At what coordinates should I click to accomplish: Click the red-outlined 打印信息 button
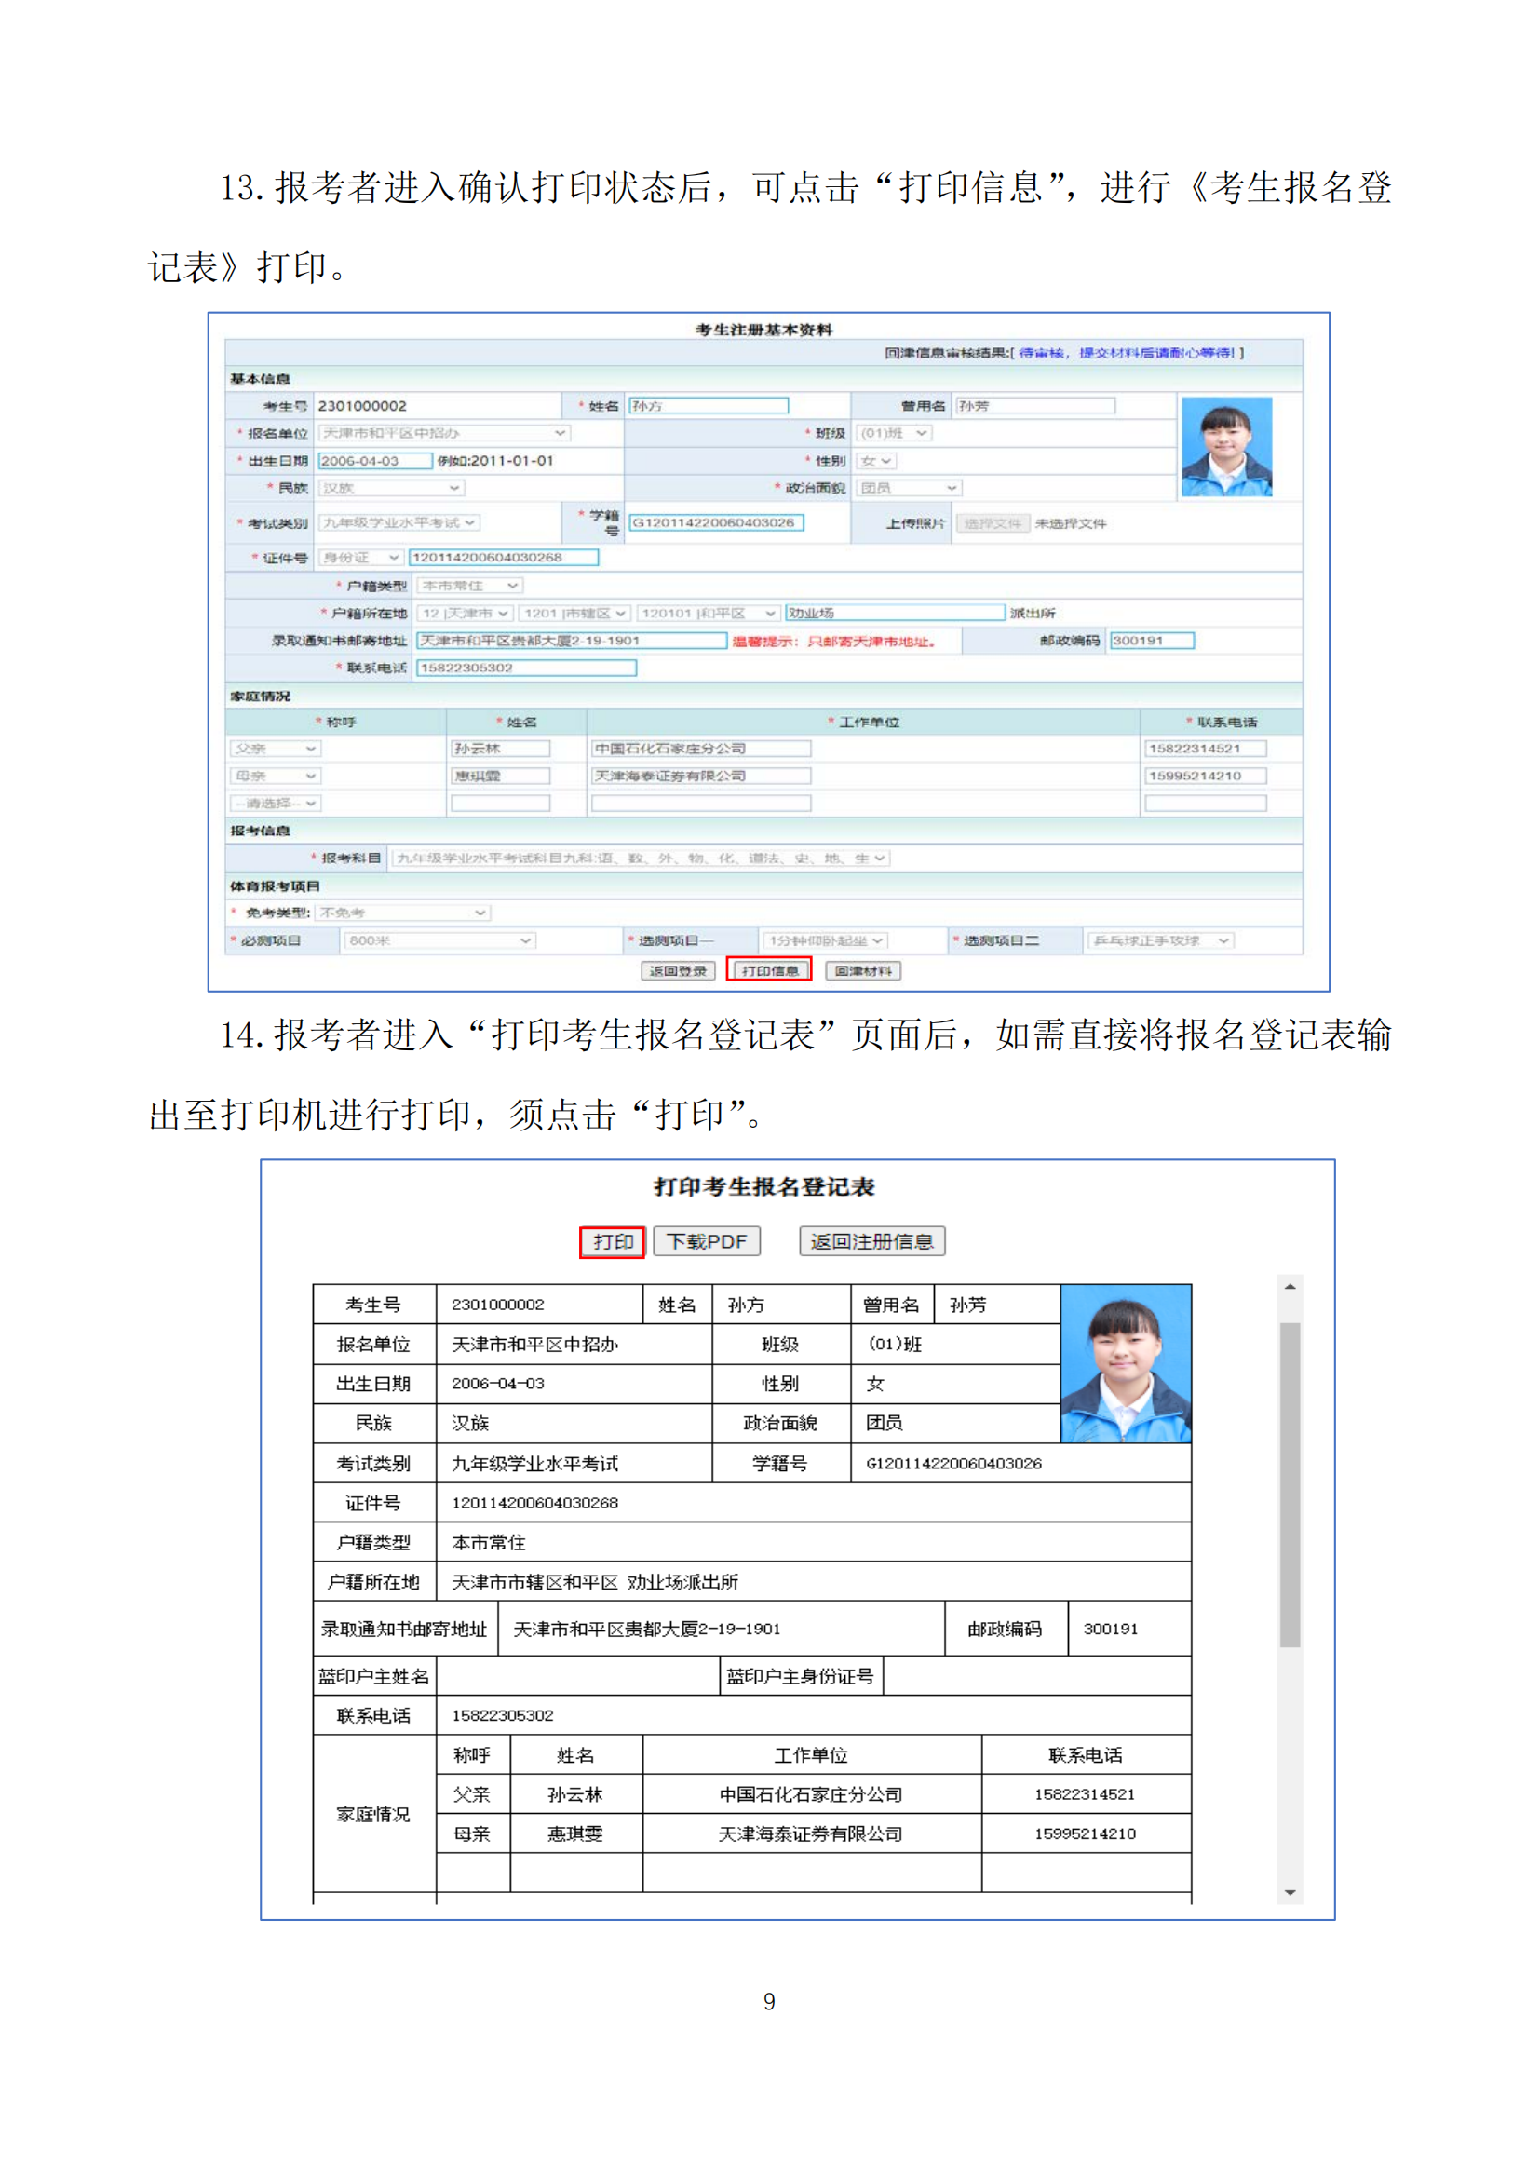tap(769, 969)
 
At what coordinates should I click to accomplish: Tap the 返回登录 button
tap(677, 970)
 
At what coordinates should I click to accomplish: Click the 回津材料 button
tap(863, 970)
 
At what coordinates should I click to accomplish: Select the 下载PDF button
tap(707, 1240)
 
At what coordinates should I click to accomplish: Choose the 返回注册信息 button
tap(871, 1240)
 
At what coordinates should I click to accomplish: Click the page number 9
tap(769, 2000)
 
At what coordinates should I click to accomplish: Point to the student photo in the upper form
tap(1226, 446)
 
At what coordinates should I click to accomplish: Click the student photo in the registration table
tap(1126, 1363)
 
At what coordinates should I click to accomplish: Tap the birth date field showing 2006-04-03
tap(374, 461)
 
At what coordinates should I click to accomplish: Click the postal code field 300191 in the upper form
tap(1151, 641)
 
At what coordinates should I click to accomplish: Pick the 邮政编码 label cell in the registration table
tap(1005, 1629)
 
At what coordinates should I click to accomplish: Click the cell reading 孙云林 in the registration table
tap(575, 1794)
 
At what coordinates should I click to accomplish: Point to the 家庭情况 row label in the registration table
tap(373, 1814)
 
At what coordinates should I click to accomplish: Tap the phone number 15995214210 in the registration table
tap(1085, 1833)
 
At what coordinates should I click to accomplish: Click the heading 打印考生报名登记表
tap(764, 1186)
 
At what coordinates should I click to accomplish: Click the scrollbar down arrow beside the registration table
tap(1290, 1892)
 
